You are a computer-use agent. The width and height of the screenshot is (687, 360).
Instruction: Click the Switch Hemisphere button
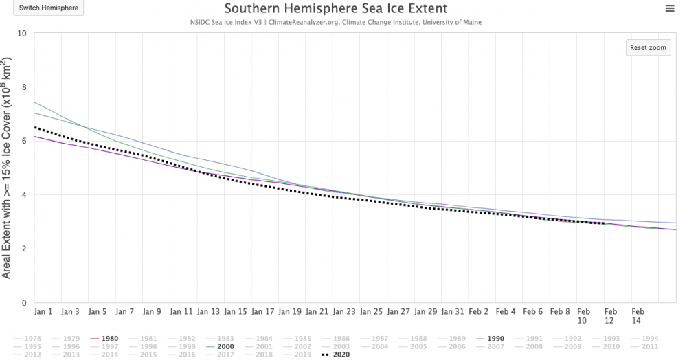click(x=49, y=9)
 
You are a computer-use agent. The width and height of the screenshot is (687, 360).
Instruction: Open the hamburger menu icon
click(x=670, y=8)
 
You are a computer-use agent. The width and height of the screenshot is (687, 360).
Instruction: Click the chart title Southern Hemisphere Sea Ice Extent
click(x=336, y=9)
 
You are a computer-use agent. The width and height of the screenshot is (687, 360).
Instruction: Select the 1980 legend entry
click(x=106, y=338)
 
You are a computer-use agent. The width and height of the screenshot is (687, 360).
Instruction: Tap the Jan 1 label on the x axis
click(x=43, y=311)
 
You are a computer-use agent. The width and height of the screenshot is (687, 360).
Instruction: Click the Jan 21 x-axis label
click(x=316, y=311)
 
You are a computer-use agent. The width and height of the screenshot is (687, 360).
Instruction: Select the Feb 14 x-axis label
click(x=637, y=315)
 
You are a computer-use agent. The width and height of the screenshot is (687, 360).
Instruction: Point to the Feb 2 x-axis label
click(x=480, y=311)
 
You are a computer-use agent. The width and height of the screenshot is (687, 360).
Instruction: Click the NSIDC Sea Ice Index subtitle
click(x=336, y=22)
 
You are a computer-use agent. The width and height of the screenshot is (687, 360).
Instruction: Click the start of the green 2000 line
click(x=34, y=102)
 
